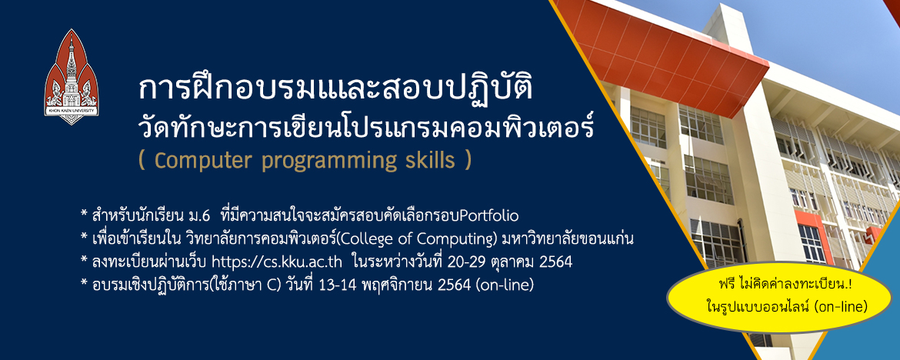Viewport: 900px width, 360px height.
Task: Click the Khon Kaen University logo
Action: coord(72,76)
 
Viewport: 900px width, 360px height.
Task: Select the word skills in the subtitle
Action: coord(429,161)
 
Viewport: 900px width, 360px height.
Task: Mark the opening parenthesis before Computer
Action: coord(142,162)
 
